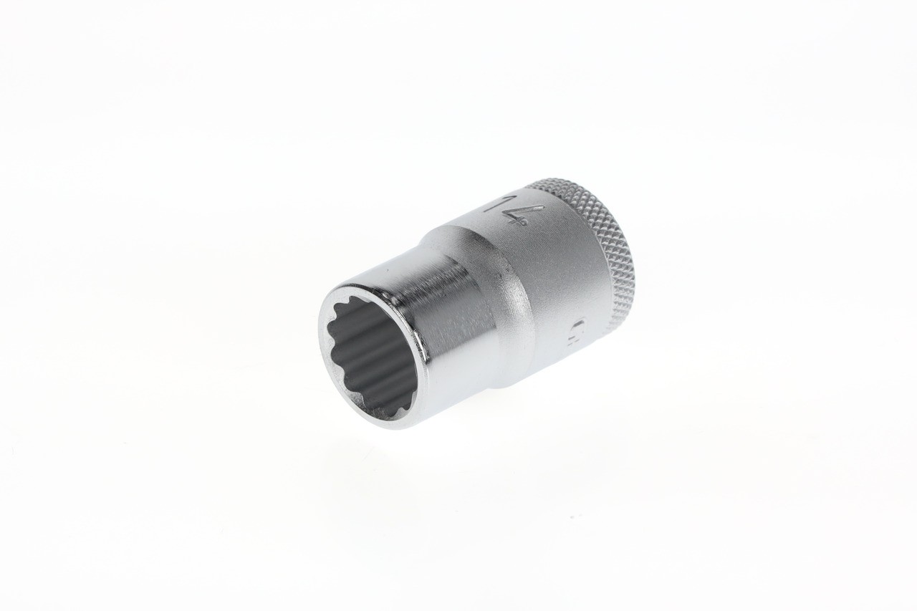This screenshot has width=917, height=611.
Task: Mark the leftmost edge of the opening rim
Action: click(x=322, y=337)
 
